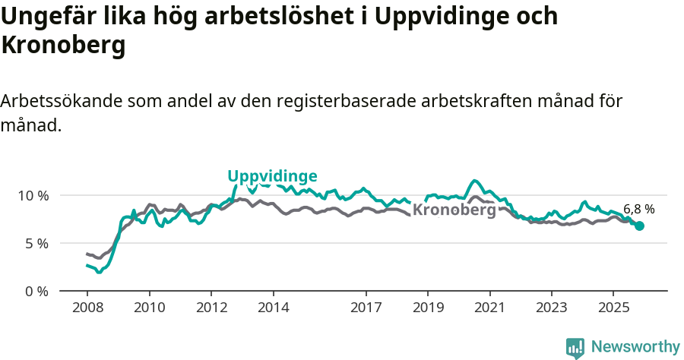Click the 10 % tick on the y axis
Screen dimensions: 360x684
pyautogui.click(x=33, y=196)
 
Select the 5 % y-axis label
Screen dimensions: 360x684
pyautogui.click(x=36, y=244)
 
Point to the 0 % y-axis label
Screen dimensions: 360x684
pyautogui.click(x=36, y=292)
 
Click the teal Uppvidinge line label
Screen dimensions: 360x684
pyautogui.click(x=272, y=176)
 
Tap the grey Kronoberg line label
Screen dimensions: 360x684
pyautogui.click(x=454, y=210)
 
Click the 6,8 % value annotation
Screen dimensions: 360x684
pyautogui.click(x=638, y=209)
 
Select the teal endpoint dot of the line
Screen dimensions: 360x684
pyautogui.click(x=639, y=226)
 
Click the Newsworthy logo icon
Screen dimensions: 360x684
pyautogui.click(x=575, y=348)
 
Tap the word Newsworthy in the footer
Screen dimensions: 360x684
pyautogui.click(x=635, y=347)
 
